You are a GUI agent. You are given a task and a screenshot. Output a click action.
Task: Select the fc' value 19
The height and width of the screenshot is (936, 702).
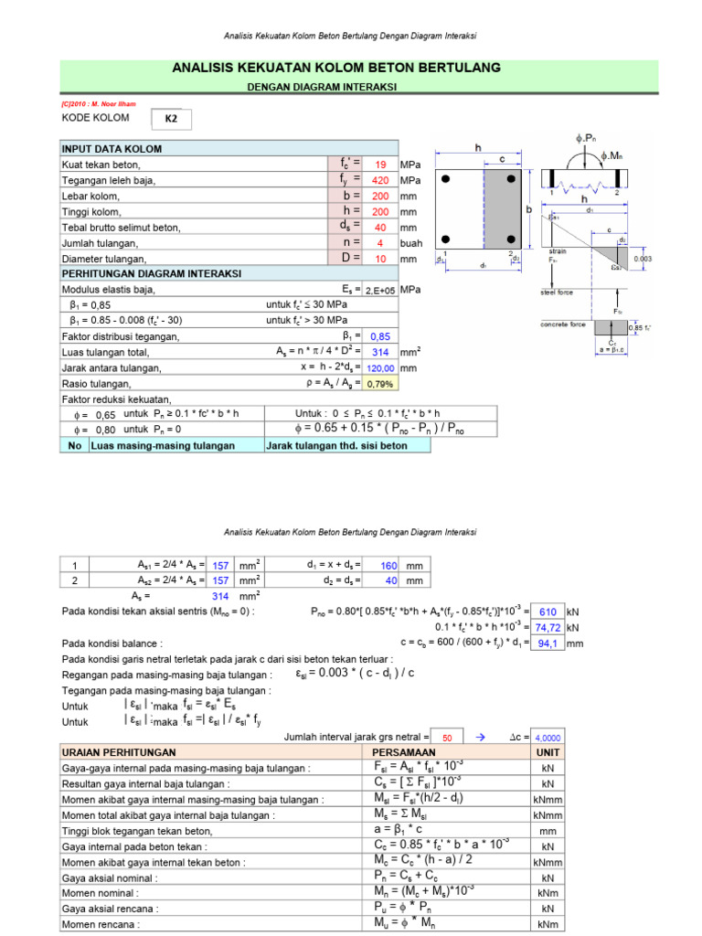pyautogui.click(x=379, y=165)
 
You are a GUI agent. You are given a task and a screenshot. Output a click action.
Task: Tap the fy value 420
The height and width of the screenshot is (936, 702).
pyautogui.click(x=379, y=180)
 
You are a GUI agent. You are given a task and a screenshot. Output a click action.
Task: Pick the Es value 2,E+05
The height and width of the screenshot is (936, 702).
pyautogui.click(x=379, y=290)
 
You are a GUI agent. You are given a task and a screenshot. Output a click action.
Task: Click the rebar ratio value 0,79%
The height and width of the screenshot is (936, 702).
pyautogui.click(x=379, y=384)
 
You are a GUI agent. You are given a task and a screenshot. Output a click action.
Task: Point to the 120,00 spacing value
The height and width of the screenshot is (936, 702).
pyautogui.click(x=379, y=368)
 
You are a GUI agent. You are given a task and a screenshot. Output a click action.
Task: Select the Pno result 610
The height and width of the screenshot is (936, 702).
pyautogui.click(x=548, y=612)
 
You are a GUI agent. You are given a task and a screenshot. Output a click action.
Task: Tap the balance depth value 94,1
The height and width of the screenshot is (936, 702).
pyautogui.click(x=548, y=643)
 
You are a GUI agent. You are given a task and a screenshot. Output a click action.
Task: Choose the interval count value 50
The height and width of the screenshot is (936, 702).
pyautogui.click(x=447, y=738)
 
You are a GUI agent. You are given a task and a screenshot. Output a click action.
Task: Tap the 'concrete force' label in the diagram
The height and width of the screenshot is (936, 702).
pyautogui.click(x=562, y=324)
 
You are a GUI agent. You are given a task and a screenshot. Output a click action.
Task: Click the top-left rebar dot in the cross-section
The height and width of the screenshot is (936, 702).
pyautogui.click(x=449, y=178)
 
